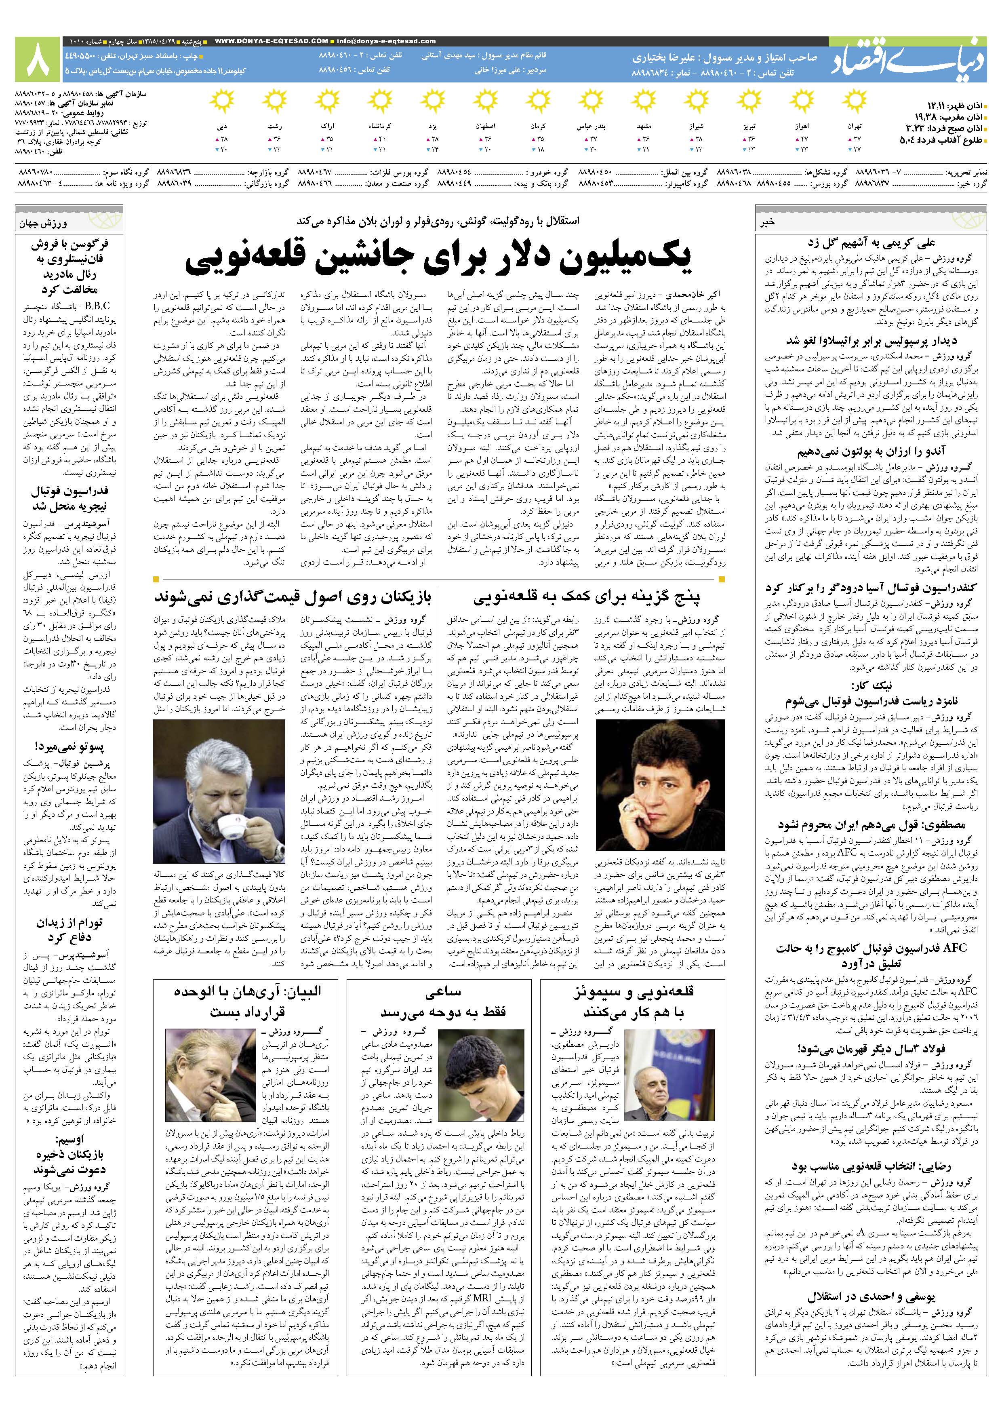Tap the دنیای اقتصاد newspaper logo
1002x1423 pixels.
click(x=914, y=59)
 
